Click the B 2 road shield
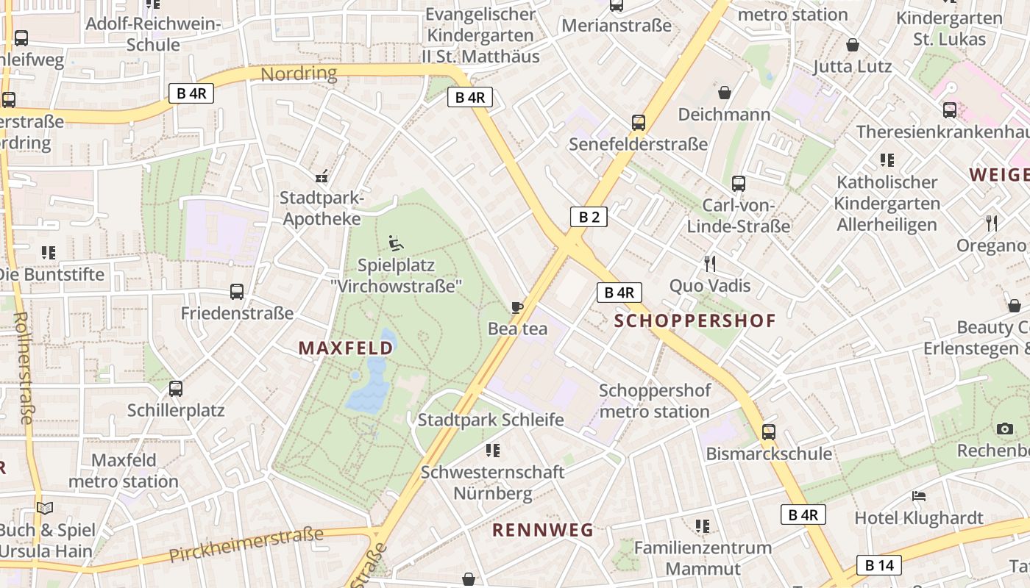(x=589, y=216)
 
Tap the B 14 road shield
(x=878, y=565)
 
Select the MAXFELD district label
(x=346, y=348)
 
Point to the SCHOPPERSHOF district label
(x=695, y=320)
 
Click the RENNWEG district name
(x=543, y=529)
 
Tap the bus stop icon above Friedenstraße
(x=237, y=292)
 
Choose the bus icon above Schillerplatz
(x=175, y=389)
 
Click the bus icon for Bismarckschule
(x=769, y=431)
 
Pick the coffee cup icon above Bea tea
(x=517, y=307)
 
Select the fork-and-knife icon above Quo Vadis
(x=710, y=263)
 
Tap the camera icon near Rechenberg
(x=1004, y=429)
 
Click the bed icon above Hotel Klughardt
(x=918, y=496)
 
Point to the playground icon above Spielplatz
(x=396, y=243)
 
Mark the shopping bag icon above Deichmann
(x=725, y=93)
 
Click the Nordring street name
(x=299, y=73)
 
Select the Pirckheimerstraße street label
(x=246, y=544)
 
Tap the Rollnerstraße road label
(x=23, y=367)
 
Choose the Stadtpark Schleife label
(x=491, y=420)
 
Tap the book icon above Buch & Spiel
(x=46, y=508)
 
